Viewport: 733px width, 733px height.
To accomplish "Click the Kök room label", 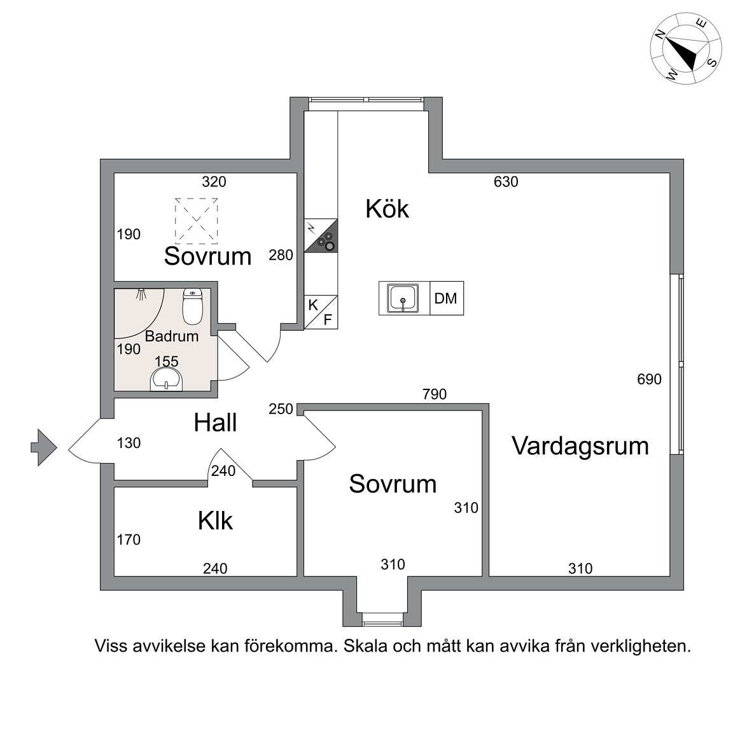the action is point(387,209).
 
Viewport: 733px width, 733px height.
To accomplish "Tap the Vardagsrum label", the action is point(580,445).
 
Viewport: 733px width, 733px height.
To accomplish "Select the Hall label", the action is point(216,422).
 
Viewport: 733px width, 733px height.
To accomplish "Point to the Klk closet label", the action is point(215,520).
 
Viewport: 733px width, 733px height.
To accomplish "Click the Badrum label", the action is point(172,336).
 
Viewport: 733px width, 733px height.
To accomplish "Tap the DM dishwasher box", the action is point(447,298).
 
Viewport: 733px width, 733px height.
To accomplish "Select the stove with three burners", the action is point(321,235).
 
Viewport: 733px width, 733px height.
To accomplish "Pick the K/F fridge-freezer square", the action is point(321,312).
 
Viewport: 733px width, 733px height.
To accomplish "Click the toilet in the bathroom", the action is point(192,306).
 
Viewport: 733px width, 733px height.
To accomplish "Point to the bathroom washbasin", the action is point(166,379).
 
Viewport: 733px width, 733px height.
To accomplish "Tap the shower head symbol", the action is point(141,294).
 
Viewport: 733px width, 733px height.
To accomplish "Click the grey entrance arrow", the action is point(44,448).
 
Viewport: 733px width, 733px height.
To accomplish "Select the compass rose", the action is point(685,49).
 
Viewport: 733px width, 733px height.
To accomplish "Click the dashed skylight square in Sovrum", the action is point(197,221).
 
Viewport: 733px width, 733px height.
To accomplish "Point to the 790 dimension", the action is point(435,394).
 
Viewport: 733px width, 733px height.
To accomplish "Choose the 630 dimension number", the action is point(506,182).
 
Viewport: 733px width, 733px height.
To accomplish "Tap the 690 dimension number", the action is point(649,379).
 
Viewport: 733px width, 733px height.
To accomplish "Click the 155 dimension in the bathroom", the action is point(167,361).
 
